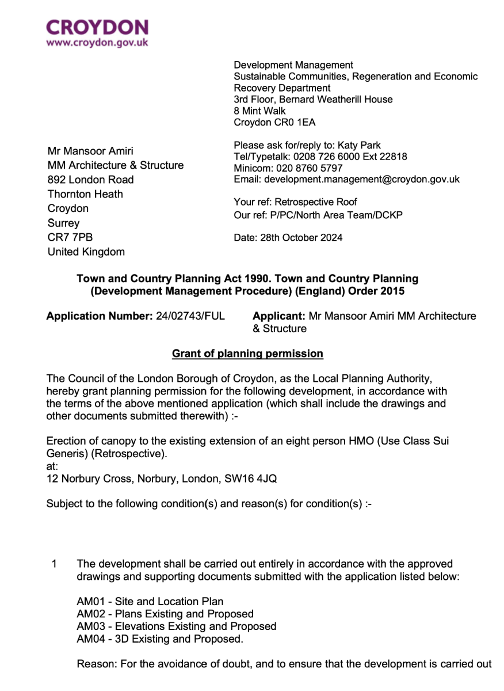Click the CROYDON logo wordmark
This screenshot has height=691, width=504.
pos(97,28)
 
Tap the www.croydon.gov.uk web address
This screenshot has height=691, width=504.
pos(97,43)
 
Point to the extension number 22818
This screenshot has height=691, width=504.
pos(394,157)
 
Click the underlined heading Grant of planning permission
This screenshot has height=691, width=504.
pos(247,354)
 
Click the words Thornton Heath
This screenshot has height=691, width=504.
pos(85,194)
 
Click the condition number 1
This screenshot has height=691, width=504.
pos(54,564)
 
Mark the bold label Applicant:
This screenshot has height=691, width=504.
pos(279,316)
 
